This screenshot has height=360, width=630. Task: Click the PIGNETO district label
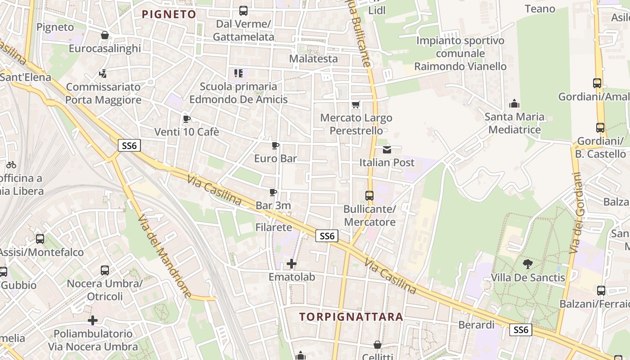[x=169, y=14]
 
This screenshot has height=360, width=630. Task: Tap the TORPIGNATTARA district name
[x=351, y=317]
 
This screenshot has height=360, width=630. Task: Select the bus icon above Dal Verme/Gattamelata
[x=243, y=10]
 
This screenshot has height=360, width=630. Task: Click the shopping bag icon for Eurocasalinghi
[x=105, y=35]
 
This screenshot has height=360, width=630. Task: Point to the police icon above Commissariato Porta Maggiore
[x=103, y=73]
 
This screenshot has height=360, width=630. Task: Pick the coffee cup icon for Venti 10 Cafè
[x=186, y=119]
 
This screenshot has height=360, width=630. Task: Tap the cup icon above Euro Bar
[x=275, y=145]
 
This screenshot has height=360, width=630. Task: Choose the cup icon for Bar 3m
[x=273, y=192]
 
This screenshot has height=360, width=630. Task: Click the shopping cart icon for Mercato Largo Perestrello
[x=356, y=104]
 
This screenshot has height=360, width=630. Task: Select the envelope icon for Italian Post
[x=387, y=149]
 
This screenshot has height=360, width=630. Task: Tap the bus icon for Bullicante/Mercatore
[x=369, y=196]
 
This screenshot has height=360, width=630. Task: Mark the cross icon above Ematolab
[x=292, y=263]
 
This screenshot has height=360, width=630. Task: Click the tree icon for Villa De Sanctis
[x=528, y=264]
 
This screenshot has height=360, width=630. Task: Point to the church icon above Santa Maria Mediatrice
[x=514, y=104]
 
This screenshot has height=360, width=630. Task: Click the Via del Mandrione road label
[x=164, y=255]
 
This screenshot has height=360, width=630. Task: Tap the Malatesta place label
[x=313, y=58]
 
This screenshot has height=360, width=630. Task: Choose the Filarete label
[x=274, y=227]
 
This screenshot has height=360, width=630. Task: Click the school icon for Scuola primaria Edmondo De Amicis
[x=238, y=73]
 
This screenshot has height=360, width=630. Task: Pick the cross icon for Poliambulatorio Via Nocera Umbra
[x=93, y=320]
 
